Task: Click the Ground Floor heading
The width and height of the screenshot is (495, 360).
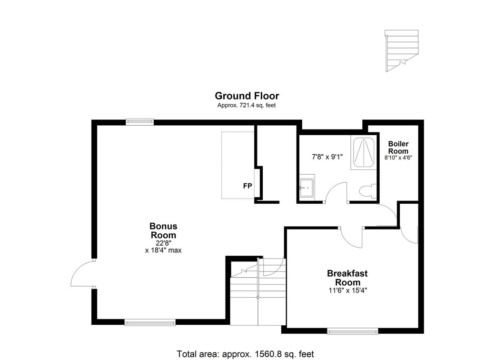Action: (x=247, y=96)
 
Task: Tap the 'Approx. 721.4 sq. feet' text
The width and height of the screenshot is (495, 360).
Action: (x=247, y=105)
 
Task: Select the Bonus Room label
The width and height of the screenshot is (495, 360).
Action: (x=163, y=230)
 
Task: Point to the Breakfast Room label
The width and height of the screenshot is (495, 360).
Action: (x=347, y=278)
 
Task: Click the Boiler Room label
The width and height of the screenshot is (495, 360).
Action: (x=398, y=147)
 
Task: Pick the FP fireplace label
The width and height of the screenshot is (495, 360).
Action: (x=247, y=186)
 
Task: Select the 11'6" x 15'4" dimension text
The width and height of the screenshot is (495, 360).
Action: (x=347, y=289)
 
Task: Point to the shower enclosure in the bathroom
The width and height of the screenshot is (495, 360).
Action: (x=363, y=152)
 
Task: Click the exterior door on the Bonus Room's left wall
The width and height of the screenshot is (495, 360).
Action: (x=82, y=274)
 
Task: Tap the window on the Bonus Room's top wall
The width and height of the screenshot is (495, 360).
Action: (x=139, y=122)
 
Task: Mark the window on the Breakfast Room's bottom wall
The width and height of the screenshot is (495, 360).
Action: (x=353, y=330)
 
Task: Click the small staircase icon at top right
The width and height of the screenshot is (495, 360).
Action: (x=402, y=50)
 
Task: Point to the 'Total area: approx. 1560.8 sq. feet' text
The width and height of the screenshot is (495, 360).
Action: (x=245, y=354)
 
